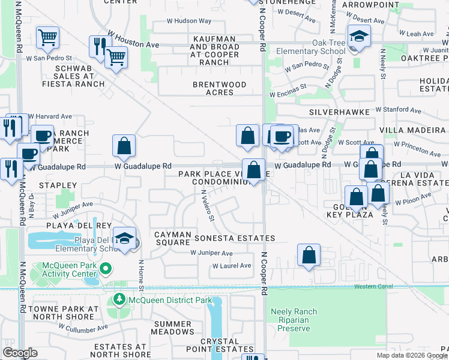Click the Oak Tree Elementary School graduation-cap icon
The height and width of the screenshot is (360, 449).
[x=359, y=37]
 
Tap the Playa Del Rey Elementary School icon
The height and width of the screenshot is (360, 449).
[x=124, y=238]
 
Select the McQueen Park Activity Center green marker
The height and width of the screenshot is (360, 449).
[x=106, y=268]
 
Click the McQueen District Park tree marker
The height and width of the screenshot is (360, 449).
[x=119, y=299]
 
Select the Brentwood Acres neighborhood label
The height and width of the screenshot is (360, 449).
[x=219, y=88]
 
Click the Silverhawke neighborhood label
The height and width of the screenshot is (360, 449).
[x=337, y=112]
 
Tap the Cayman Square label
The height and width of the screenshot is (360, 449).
[x=172, y=238]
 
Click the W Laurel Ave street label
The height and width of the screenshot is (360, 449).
[x=232, y=266]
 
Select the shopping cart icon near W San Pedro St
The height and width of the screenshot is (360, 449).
[x=46, y=38]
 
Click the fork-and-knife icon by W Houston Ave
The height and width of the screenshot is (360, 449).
[x=99, y=46]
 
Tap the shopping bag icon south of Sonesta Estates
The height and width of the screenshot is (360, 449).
[x=308, y=254]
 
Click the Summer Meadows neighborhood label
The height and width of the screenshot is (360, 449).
[x=173, y=328]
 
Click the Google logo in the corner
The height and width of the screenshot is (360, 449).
[x=20, y=353]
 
